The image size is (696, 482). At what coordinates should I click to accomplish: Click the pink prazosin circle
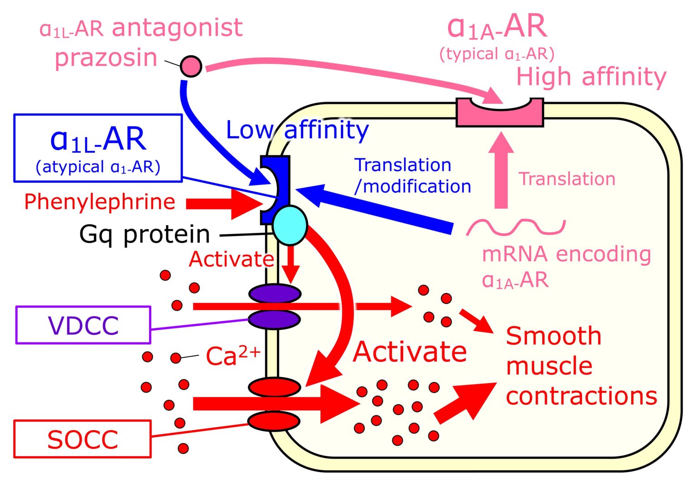point(191,66)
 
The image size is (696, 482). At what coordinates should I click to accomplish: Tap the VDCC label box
point(83,325)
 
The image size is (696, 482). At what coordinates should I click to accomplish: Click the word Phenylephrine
point(100,202)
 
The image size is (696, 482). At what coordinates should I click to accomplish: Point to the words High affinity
point(591,77)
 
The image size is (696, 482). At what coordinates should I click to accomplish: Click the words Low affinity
point(297,130)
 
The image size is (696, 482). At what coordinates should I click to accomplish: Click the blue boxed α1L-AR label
point(98,148)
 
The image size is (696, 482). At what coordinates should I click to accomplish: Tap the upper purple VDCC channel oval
point(275,293)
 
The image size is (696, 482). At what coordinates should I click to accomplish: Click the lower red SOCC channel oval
point(274,421)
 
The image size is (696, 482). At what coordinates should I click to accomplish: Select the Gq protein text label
point(145,234)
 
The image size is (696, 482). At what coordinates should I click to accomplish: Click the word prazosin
point(106,58)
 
